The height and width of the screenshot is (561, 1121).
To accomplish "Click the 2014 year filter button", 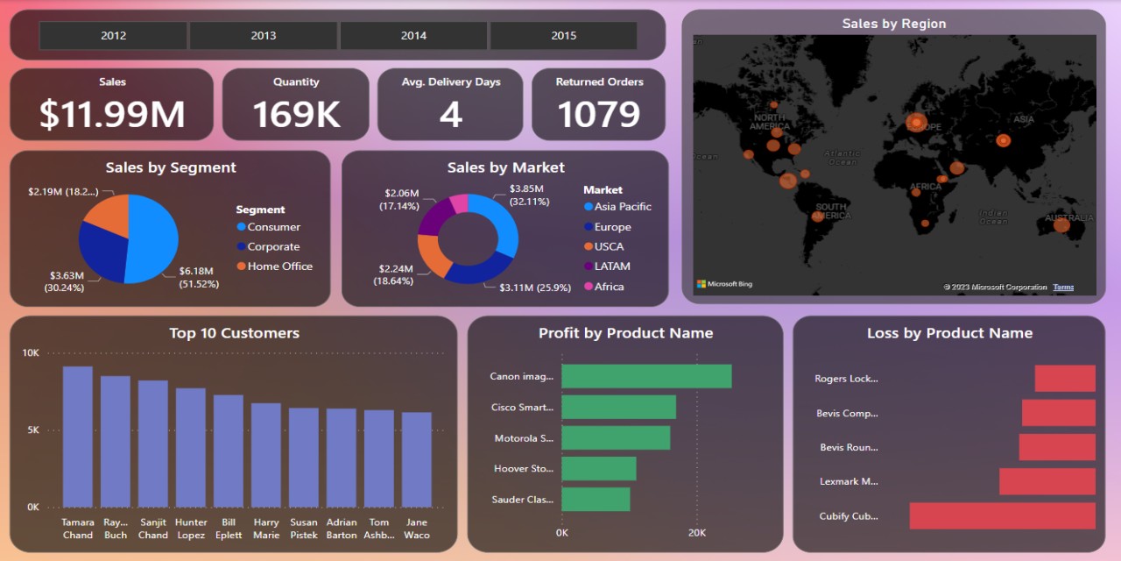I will point(413,36).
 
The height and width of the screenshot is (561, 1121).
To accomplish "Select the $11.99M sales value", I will point(112,115).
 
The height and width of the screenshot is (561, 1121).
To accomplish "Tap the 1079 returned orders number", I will point(599,115).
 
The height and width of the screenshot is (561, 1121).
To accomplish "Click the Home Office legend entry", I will point(279,266).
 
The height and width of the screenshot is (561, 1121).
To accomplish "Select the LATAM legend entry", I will point(612,266).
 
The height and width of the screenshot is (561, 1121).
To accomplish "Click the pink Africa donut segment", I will point(458,204).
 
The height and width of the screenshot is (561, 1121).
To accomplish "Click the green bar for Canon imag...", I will point(645,376).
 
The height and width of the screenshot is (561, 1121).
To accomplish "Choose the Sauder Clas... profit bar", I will point(596,500).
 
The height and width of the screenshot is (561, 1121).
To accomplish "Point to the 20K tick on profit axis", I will point(696,533).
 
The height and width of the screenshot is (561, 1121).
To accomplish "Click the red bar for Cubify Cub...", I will point(1002,516).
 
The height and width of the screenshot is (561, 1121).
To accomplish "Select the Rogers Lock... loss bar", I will point(1064,379).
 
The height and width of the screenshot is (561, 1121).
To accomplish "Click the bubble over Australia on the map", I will point(1061,225).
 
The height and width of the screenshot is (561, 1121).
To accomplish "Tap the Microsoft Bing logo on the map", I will point(724,284).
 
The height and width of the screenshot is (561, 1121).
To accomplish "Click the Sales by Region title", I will point(893,24).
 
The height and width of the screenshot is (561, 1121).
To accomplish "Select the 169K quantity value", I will point(296,115).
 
